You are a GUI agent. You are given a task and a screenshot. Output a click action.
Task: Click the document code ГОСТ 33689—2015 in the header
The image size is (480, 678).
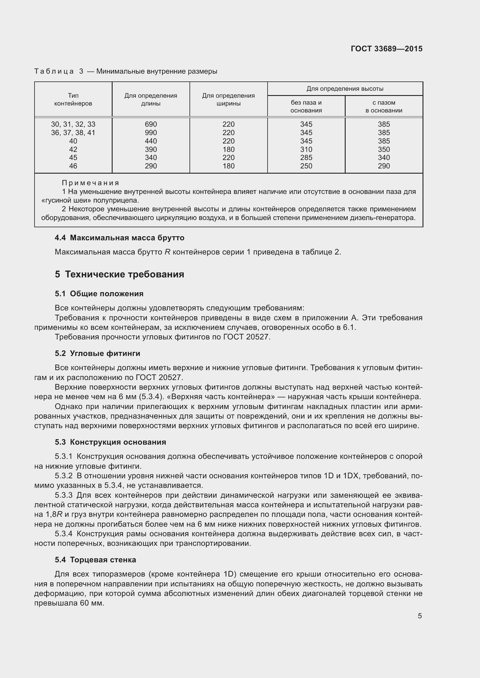point(386,49)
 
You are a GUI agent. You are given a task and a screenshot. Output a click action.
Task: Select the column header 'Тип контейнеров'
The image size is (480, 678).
point(73,99)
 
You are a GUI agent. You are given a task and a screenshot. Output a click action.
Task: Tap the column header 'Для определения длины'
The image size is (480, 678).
point(151,99)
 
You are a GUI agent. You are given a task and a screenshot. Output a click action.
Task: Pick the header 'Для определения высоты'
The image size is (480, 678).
point(345,89)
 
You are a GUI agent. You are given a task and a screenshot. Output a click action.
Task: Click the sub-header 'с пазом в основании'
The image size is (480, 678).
point(384,106)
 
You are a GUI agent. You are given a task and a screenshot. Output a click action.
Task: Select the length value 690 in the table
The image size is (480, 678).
point(151,124)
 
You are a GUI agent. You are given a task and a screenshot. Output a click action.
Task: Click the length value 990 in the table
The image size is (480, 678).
point(151,132)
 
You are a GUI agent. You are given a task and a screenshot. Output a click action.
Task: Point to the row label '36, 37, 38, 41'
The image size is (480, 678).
point(73,132)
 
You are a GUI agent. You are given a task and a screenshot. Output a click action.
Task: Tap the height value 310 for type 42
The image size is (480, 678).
point(306,149)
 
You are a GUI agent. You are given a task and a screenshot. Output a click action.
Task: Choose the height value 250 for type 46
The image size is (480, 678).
point(306,166)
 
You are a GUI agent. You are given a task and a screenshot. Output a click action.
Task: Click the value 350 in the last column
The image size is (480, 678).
point(384,149)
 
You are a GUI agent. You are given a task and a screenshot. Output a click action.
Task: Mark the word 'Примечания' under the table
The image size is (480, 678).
point(91,183)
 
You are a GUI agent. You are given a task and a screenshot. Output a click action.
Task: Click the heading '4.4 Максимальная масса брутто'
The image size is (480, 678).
point(119,238)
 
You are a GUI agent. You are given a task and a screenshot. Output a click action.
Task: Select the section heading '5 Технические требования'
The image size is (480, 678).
point(119,274)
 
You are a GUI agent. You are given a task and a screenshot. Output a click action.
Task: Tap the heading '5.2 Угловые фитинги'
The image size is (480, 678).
point(98,353)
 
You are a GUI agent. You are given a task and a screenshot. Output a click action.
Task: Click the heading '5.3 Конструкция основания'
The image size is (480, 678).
point(110,442)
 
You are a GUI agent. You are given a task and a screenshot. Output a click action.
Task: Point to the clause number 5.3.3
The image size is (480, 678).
point(64,495)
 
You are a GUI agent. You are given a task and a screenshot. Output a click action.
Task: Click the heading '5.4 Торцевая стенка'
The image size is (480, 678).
point(95,560)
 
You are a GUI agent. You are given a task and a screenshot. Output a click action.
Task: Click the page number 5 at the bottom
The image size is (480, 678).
point(420,616)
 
